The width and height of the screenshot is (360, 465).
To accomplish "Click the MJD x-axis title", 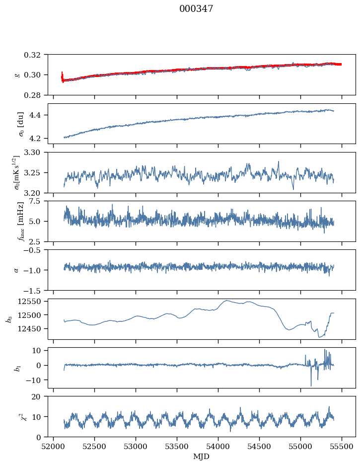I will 202,457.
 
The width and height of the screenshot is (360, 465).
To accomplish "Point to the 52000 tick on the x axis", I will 54,446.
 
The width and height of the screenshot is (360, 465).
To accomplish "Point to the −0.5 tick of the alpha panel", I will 34,250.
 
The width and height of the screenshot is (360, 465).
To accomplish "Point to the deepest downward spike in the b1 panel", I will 311,386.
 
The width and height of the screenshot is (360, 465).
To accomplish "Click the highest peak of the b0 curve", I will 227,301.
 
